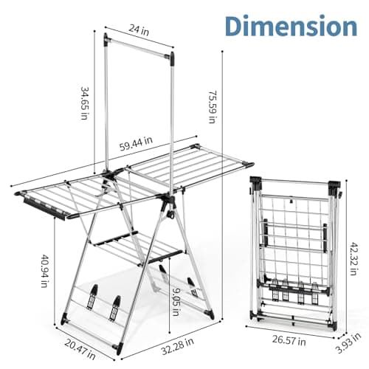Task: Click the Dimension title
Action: click(x=291, y=26)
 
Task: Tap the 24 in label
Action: click(x=139, y=30)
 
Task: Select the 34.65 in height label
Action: click(x=84, y=103)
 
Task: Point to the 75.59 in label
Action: click(x=212, y=107)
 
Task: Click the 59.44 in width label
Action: click(x=136, y=143)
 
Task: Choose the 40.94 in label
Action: click(x=44, y=271)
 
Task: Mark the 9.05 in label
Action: click(x=176, y=302)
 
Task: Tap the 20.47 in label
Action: click(x=80, y=349)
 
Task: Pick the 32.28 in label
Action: click(x=177, y=346)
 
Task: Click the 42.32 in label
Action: click(x=354, y=259)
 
